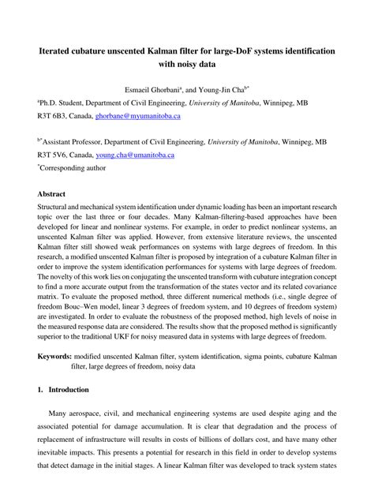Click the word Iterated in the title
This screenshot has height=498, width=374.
coord(59,50)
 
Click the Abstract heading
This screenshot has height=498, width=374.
coord(52,193)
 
